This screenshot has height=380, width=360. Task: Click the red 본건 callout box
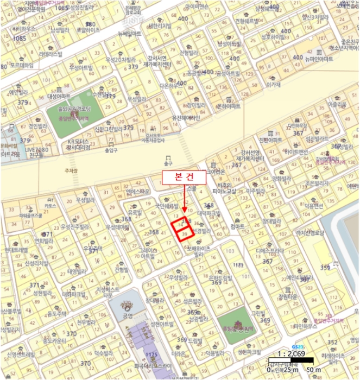coord(185,178)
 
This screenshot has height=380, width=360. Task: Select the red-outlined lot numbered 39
coord(185,233)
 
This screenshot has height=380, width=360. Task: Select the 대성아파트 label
coord(59,96)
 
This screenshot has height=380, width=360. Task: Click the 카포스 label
coord(50,206)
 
